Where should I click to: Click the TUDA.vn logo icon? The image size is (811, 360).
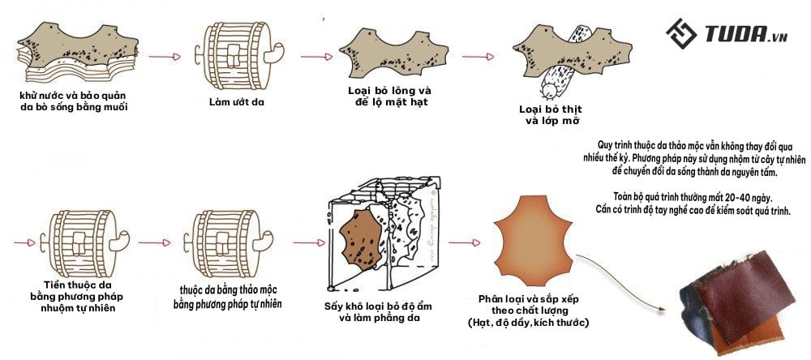pyautogui.click(x=682, y=34)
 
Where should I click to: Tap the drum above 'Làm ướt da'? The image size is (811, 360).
pyautogui.click(x=236, y=53)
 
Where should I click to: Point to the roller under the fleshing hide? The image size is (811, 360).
pyautogui.click(x=558, y=79)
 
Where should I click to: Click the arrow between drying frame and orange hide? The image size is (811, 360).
pyautogui.click(x=464, y=242)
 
